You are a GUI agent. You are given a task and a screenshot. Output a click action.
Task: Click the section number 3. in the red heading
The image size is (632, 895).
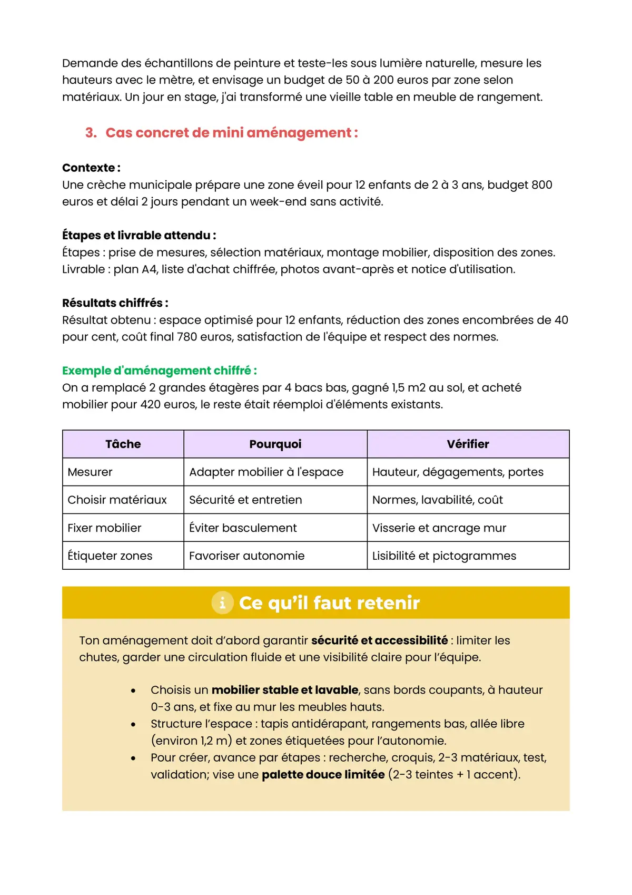coord(91,133)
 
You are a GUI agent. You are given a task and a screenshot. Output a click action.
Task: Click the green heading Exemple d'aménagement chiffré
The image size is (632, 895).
coord(159,371)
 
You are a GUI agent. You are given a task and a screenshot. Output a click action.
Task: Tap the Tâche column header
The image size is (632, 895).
coord(123,444)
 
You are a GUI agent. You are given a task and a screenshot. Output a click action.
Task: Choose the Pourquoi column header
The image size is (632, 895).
coord(275,444)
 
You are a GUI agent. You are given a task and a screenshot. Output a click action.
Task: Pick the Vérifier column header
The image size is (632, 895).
coord(468,444)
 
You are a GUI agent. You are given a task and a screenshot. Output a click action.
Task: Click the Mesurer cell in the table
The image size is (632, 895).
coord(90,472)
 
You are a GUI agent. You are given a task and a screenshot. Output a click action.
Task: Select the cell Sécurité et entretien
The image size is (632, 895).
coord(245,500)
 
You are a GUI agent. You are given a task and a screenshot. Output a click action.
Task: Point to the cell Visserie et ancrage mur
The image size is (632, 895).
coord(439,528)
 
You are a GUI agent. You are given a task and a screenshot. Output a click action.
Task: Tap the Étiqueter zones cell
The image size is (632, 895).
coord(110,556)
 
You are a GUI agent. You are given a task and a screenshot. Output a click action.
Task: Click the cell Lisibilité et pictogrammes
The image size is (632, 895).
coord(444,556)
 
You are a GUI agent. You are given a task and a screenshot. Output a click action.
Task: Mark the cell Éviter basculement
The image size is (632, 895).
coord(243,528)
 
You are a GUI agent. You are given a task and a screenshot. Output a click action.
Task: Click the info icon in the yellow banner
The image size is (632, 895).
coord(222,602)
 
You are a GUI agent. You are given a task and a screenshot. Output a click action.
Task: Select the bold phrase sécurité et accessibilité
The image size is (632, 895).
coord(379,640)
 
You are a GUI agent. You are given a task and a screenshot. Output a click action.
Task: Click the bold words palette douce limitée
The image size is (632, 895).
coord(323,774)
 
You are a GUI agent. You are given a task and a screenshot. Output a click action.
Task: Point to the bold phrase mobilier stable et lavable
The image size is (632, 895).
coord(285,690)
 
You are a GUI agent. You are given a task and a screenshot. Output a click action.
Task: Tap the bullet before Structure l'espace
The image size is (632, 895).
coord(133,724)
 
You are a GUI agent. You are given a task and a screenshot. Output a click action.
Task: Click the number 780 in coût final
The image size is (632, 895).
coord(187,337)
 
